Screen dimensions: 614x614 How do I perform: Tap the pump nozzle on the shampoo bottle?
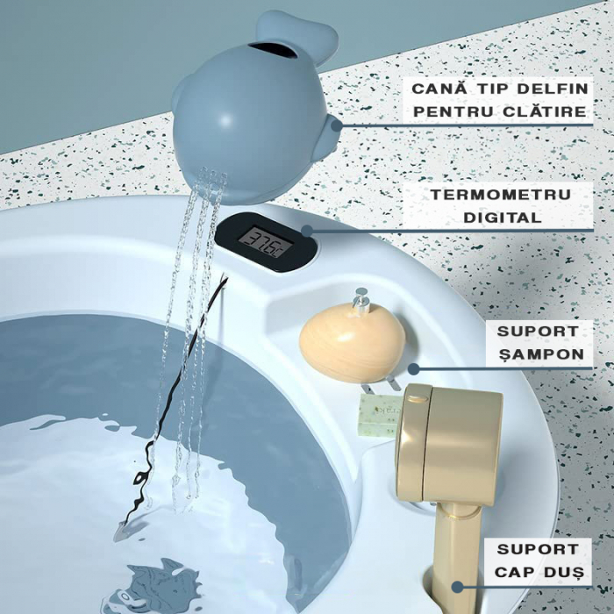[x=360, y=300]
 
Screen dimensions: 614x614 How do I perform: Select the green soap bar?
[x=379, y=411]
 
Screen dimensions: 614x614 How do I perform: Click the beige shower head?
[x=449, y=443]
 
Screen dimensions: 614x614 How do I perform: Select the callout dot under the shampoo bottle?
[x=413, y=369]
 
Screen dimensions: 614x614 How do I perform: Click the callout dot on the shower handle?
[x=456, y=587]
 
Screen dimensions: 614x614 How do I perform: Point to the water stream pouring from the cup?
[x=189, y=333]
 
